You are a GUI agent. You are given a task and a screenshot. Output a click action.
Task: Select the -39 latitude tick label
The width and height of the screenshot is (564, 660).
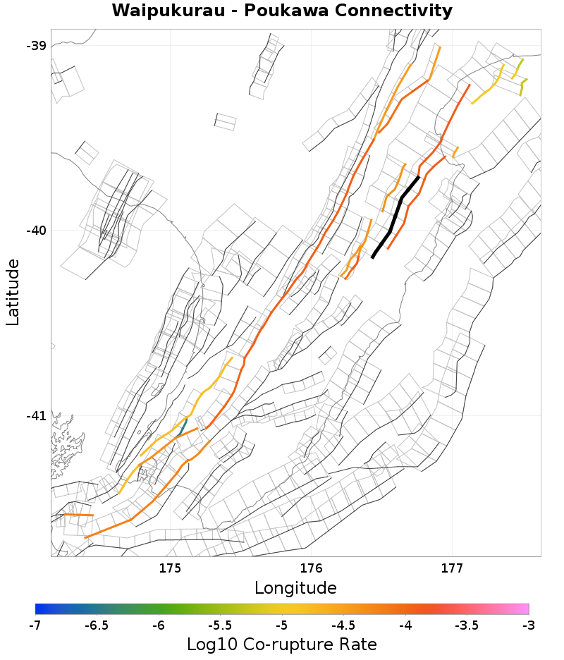pos(36,46)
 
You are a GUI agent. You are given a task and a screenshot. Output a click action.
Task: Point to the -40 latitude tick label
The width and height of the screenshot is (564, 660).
pos(36,231)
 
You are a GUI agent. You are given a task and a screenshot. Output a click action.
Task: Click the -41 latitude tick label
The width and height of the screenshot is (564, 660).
pos(36,416)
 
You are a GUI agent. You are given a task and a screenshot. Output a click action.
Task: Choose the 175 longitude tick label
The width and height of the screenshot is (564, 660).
pos(171,568)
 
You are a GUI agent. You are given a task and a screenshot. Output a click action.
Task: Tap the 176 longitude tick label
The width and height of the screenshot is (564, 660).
pos(311,568)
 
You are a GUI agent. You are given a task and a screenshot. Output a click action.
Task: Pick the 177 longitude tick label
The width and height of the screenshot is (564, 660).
pos(451,568)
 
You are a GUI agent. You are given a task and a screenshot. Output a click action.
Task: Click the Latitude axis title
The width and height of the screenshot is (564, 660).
pos(13,292)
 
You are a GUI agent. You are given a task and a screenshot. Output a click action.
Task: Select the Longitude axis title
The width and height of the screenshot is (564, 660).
pos(295,588)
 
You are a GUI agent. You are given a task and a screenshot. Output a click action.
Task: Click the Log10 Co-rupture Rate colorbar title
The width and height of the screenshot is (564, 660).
pos(282,644)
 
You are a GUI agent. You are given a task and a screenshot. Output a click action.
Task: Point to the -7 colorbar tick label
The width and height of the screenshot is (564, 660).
pos(35,625)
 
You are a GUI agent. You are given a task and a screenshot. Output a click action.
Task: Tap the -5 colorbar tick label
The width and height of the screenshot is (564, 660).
pos(282,625)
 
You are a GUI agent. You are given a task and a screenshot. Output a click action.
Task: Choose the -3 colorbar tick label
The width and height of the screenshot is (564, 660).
pos(528,625)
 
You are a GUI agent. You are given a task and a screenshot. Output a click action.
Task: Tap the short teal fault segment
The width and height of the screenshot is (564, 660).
pos(183,426)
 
